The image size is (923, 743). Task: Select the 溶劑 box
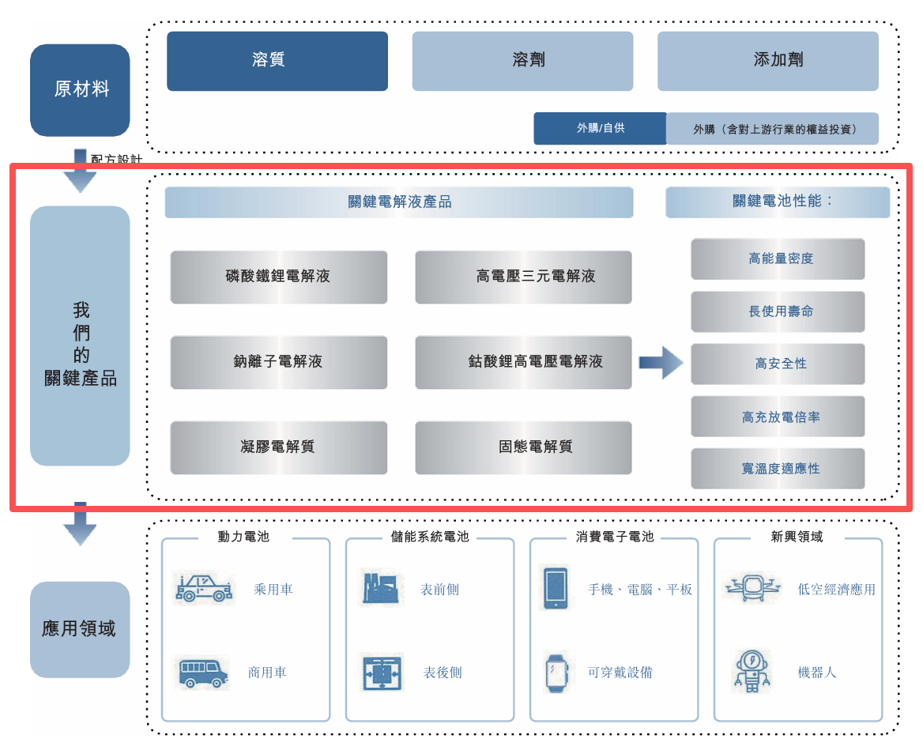[x=522, y=61]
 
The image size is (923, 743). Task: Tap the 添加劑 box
[x=767, y=61]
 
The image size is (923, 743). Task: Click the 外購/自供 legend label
[x=600, y=128]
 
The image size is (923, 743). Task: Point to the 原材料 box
[x=80, y=89]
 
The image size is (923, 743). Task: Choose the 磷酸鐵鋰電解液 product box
[x=278, y=277]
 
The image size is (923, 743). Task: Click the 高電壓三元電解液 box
[x=523, y=277]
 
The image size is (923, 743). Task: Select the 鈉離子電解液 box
[x=278, y=362]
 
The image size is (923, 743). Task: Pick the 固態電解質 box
[x=523, y=447]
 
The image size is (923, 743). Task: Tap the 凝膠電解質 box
[x=278, y=447]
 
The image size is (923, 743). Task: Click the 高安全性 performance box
[x=778, y=364]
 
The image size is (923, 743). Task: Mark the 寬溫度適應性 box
[x=778, y=469]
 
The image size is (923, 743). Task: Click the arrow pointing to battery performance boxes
[x=661, y=363]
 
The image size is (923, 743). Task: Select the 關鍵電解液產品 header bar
[x=399, y=202]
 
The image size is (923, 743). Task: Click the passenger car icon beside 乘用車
[x=203, y=588]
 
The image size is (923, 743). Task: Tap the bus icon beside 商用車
[x=203, y=673]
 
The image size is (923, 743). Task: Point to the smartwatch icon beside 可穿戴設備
[x=556, y=673]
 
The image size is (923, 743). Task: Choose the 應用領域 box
[x=80, y=629]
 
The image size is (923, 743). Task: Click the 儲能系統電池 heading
[x=430, y=537]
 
